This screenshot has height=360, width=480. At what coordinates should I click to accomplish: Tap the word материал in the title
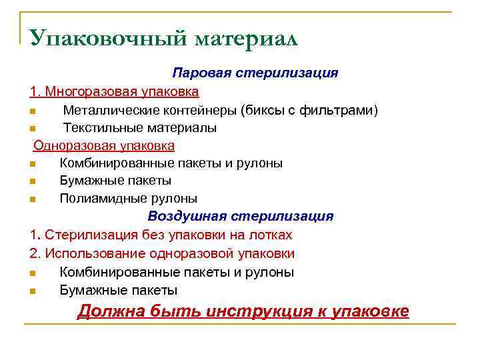click(246, 39)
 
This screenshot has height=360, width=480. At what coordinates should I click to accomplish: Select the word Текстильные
click(103, 127)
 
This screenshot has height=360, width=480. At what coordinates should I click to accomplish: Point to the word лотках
click(270, 235)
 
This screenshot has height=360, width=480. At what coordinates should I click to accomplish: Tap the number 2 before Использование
click(33, 254)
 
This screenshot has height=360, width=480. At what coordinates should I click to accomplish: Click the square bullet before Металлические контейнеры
click(32, 110)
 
